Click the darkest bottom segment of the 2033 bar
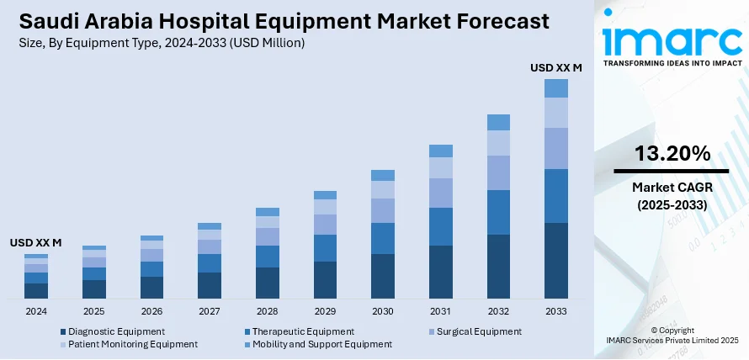pos(556,261)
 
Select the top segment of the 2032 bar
pos(498,122)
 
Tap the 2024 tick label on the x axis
pos(36,311)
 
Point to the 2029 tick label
pos(325,311)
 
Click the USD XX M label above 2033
pos(556,66)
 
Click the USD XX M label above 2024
pos(36,242)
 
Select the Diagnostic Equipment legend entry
pos(116,331)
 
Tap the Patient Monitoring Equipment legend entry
pos(133,344)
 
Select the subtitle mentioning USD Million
pos(160,41)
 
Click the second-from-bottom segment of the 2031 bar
pos(441,226)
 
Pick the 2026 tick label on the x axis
pos(151,311)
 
